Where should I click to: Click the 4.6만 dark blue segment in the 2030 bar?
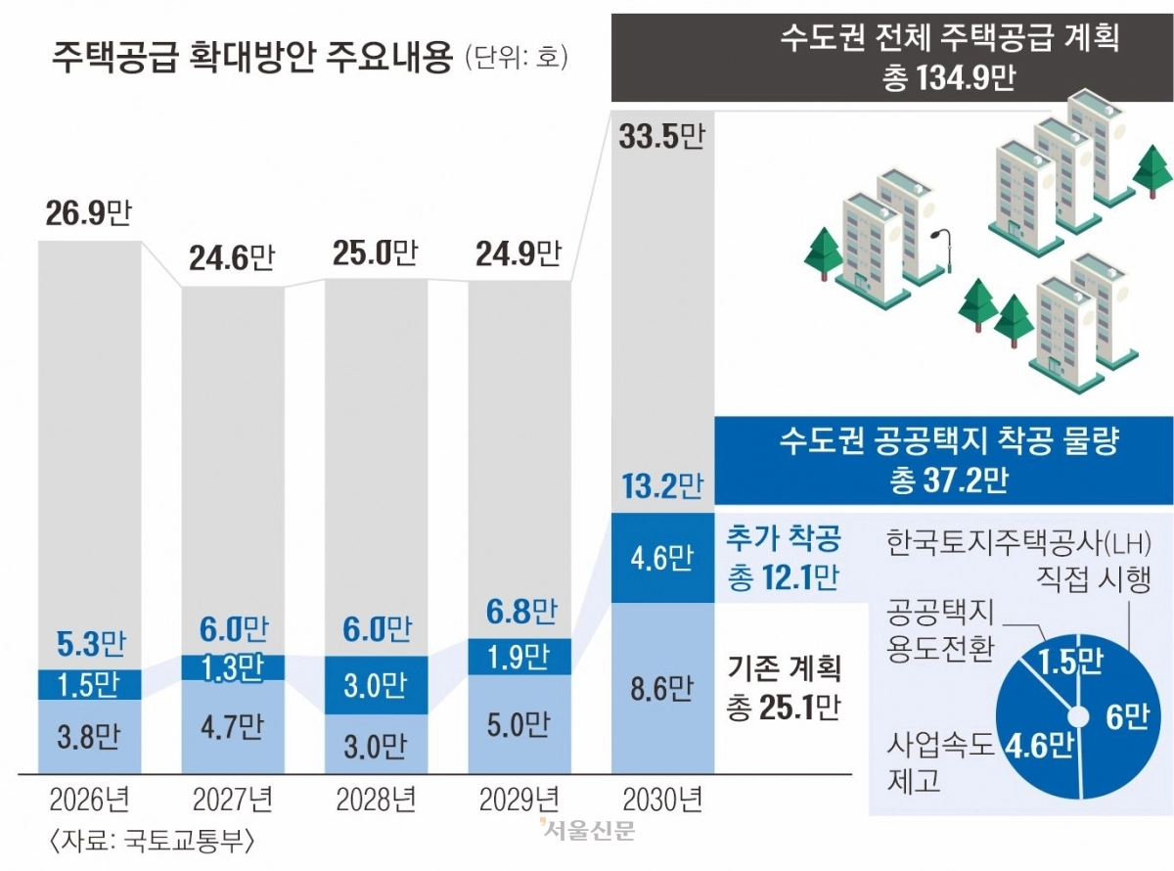(662, 558)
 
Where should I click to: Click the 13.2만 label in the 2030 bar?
(662, 485)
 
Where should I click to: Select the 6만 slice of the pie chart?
(1125, 720)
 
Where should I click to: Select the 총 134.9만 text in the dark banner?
(949, 79)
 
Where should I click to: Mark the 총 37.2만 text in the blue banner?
(949, 481)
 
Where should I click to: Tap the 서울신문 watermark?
(587, 831)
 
